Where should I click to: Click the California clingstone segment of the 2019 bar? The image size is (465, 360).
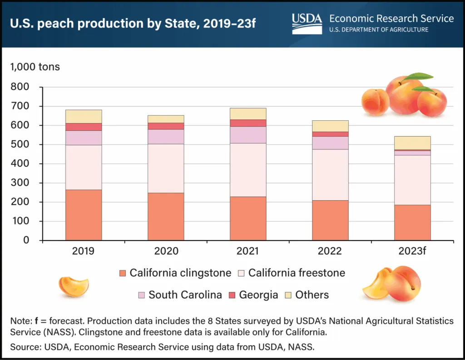(84, 215)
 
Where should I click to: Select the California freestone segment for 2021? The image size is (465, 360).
(248, 170)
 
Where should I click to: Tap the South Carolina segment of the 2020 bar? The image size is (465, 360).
(166, 137)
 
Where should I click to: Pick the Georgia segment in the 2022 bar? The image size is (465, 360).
(330, 134)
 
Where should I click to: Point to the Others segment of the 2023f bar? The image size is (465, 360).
(412, 143)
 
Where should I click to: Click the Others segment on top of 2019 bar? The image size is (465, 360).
(84, 116)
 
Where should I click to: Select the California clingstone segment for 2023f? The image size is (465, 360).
(412, 222)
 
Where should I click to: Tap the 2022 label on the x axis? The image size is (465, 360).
(330, 251)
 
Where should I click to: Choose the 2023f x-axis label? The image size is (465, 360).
(412, 251)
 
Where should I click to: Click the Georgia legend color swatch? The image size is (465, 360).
(231, 295)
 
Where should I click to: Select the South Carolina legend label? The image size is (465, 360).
(185, 295)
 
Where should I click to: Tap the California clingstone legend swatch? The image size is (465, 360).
(122, 273)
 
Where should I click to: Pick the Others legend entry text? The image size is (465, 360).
(312, 295)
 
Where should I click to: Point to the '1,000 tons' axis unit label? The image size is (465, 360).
(35, 67)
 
